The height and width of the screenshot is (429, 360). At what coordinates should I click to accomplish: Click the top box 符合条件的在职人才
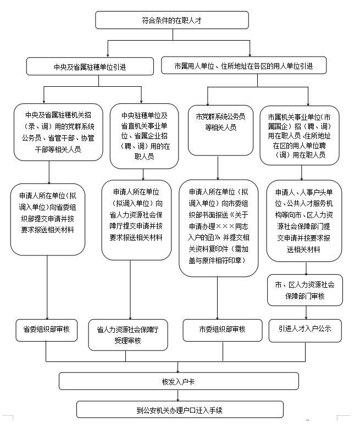[171, 20]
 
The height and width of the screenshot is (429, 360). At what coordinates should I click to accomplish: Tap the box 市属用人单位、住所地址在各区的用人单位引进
[243, 66]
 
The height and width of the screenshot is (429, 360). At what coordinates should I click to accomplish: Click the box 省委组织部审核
[46, 330]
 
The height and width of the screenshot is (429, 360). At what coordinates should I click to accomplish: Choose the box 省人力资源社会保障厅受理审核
[128, 335]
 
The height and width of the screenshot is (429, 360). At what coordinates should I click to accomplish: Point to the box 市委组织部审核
[222, 330]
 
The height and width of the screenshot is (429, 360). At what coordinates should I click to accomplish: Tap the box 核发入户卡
[178, 381]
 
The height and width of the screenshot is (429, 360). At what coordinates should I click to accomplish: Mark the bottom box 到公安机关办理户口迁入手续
[180, 410]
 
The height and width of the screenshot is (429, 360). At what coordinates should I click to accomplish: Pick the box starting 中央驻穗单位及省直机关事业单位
[144, 136]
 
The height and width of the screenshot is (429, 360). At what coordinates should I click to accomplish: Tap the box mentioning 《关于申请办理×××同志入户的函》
[218, 227]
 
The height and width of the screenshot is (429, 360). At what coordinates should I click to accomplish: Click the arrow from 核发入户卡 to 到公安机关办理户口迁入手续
[178, 395]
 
